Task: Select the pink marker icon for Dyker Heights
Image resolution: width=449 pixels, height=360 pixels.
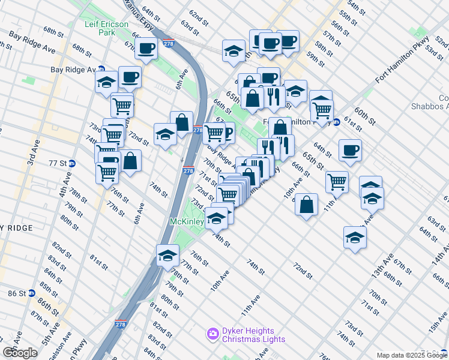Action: coord(211,333)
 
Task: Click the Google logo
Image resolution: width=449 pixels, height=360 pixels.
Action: coord(20,353)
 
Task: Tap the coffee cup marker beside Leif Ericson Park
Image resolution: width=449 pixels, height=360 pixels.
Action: coord(145,47)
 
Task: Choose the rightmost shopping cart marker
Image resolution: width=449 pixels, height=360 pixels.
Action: coord(337,181)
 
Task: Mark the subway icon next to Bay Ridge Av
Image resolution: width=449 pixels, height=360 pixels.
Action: coord(101,70)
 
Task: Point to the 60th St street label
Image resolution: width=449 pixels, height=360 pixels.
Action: coord(364,116)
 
